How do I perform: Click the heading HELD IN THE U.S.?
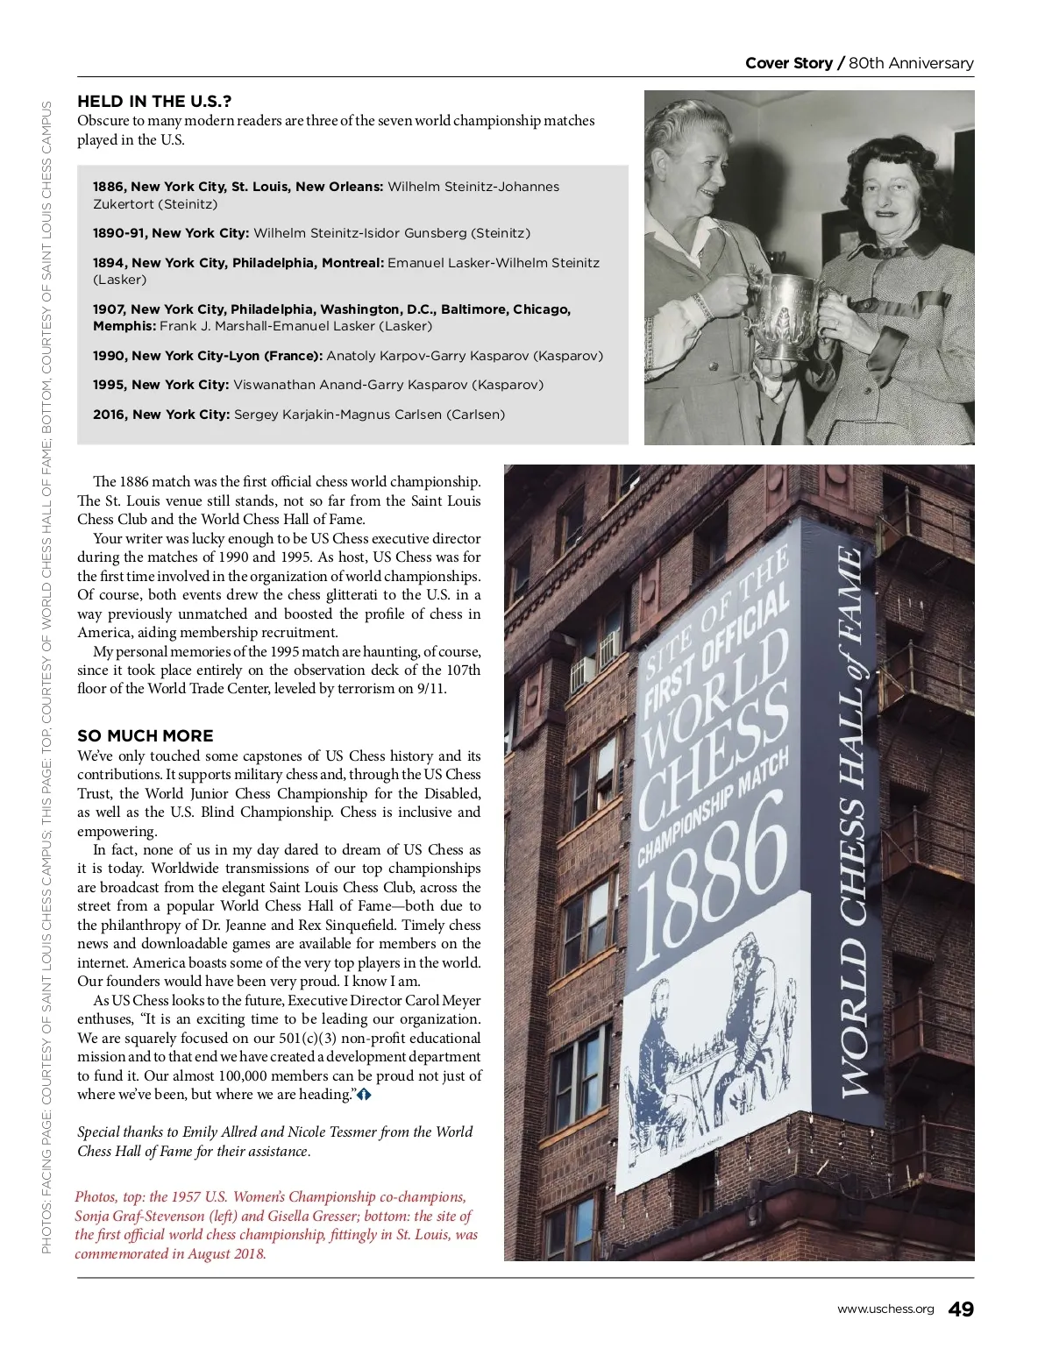154,102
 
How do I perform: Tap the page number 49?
961,1309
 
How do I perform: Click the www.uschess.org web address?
885,1309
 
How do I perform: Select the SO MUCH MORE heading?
146,736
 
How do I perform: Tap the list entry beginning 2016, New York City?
299,415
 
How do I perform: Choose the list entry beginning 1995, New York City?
318,385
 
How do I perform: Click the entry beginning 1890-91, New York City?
311,233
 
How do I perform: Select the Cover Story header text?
788,63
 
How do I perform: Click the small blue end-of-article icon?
364,1095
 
